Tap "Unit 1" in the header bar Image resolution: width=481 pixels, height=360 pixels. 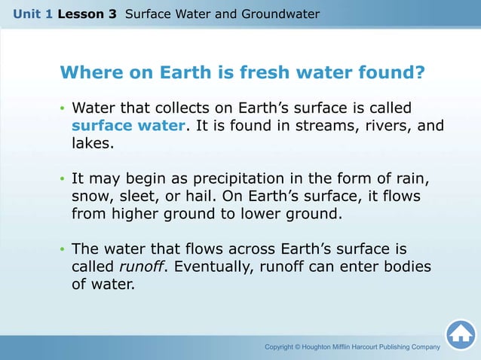click(31, 14)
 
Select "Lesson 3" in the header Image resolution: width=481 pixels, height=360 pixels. click(87, 14)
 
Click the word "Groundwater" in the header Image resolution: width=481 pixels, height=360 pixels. click(281, 14)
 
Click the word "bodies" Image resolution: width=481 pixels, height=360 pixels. click(407, 267)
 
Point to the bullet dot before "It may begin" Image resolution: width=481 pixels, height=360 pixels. click(63, 180)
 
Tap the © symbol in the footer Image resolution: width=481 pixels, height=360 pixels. click(299, 346)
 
